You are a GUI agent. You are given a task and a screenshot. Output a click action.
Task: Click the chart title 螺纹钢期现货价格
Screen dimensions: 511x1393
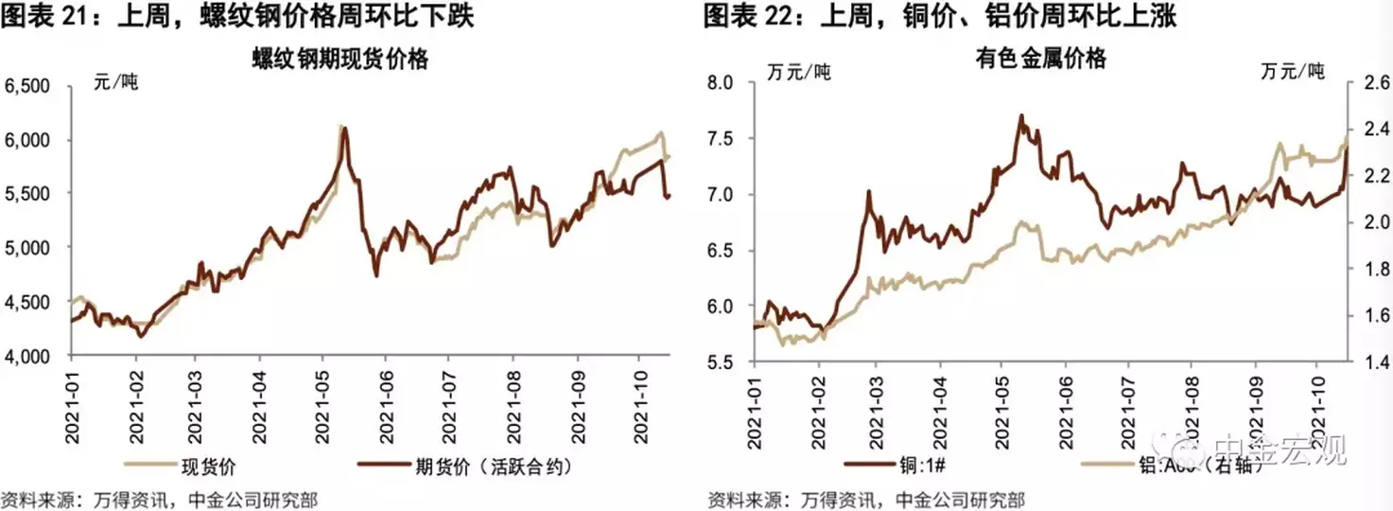pos(340,60)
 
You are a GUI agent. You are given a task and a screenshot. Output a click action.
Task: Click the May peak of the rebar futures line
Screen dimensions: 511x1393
pos(344,128)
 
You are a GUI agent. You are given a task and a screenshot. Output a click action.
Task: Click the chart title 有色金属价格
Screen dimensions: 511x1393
pos(1040,60)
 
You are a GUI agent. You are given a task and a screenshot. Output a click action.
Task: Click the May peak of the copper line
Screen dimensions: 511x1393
pos(1021,116)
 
